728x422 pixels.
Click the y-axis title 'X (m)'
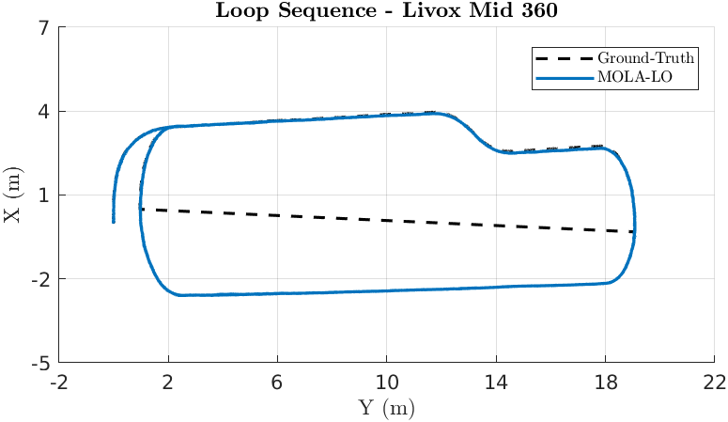(x=12, y=195)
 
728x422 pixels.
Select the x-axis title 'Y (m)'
(x=386, y=408)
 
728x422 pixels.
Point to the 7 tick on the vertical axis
(x=43, y=28)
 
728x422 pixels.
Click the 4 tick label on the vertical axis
(x=43, y=112)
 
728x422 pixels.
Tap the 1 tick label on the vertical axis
(x=43, y=195)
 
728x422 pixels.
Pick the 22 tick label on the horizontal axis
(x=715, y=383)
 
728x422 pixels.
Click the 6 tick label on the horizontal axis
(x=278, y=383)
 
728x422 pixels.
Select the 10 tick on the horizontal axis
(x=387, y=383)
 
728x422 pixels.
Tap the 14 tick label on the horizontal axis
(x=496, y=383)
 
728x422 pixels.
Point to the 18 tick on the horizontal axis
(x=606, y=383)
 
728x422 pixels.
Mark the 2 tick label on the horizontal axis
(x=169, y=383)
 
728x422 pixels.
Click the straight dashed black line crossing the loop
(x=386, y=220)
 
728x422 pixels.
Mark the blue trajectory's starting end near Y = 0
(x=114, y=221)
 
